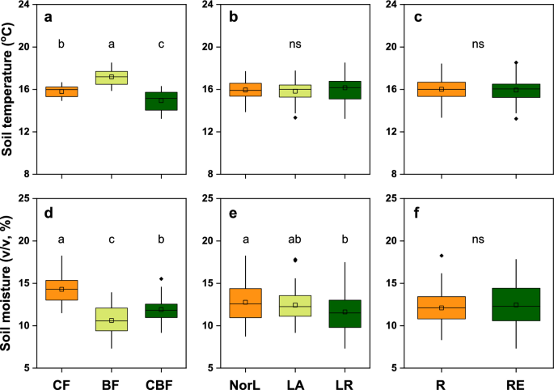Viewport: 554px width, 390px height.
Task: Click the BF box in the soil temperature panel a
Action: (112, 78)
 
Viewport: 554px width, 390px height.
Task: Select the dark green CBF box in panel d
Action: (161, 311)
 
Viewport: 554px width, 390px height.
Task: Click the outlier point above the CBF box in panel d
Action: (161, 279)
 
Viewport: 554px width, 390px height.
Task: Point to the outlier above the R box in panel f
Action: (442, 256)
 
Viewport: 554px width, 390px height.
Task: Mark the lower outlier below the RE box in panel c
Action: (516, 118)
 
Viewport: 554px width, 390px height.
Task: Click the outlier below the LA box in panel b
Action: (294, 117)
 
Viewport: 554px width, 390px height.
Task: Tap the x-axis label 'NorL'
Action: (245, 379)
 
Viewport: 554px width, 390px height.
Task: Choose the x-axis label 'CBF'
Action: (161, 379)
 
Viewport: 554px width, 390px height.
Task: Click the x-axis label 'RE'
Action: (516, 379)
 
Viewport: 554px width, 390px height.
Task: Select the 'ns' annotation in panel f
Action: (479, 240)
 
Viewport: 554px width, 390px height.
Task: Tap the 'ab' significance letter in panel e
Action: (294, 240)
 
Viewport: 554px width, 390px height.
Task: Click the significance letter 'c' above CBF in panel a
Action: (161, 45)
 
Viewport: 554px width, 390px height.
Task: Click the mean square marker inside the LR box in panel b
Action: (344, 87)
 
